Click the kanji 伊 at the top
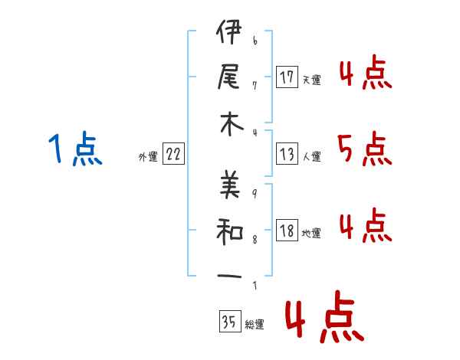point(229,31)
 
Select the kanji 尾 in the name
point(228,77)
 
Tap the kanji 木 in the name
point(232,124)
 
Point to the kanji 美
point(230,184)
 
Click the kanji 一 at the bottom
point(229,277)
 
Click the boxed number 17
point(287,77)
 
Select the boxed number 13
point(287,154)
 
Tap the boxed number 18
point(287,230)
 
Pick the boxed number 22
point(173,154)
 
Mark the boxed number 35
point(230,321)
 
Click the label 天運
point(312,80)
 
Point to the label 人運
point(312,156)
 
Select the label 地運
point(311,233)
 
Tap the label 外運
point(148,156)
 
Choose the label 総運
point(255,324)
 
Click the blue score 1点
point(75,149)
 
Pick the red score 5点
point(365,149)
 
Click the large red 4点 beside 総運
point(325,316)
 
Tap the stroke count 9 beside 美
point(255,193)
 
